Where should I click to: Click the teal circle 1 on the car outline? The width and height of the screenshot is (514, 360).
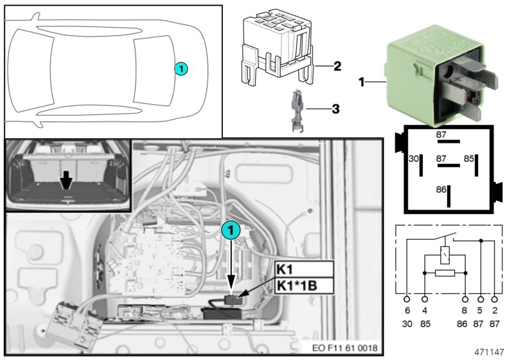click(181, 67)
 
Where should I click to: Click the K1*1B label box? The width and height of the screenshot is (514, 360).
click(303, 285)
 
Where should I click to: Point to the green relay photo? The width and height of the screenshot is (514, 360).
click(438, 78)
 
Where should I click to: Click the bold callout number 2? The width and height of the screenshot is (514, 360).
click(337, 66)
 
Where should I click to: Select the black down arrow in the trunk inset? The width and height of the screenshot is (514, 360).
click(65, 183)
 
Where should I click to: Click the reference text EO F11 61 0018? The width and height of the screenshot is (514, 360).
click(344, 348)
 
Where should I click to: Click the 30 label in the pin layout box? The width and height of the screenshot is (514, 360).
click(414, 158)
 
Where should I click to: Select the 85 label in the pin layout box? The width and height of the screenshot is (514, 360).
click(469, 158)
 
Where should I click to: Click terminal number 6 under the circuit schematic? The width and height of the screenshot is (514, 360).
click(407, 310)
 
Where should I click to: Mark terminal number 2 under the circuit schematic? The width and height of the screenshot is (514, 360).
click(494, 310)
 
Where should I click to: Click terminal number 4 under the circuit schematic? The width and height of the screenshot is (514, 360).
click(424, 310)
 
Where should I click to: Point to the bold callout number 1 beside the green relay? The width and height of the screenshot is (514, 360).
click(361, 83)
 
